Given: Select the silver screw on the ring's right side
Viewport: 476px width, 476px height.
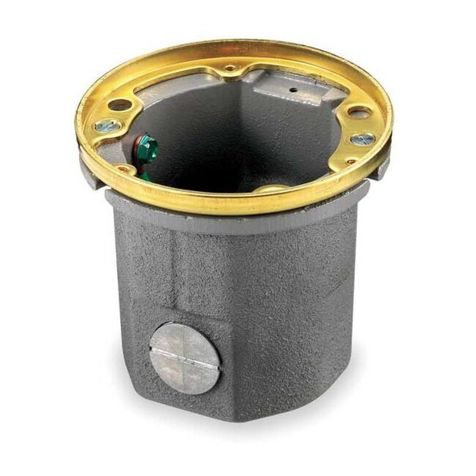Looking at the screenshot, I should click(x=361, y=139).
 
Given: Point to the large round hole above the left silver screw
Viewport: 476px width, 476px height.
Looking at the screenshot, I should click(x=119, y=105).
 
